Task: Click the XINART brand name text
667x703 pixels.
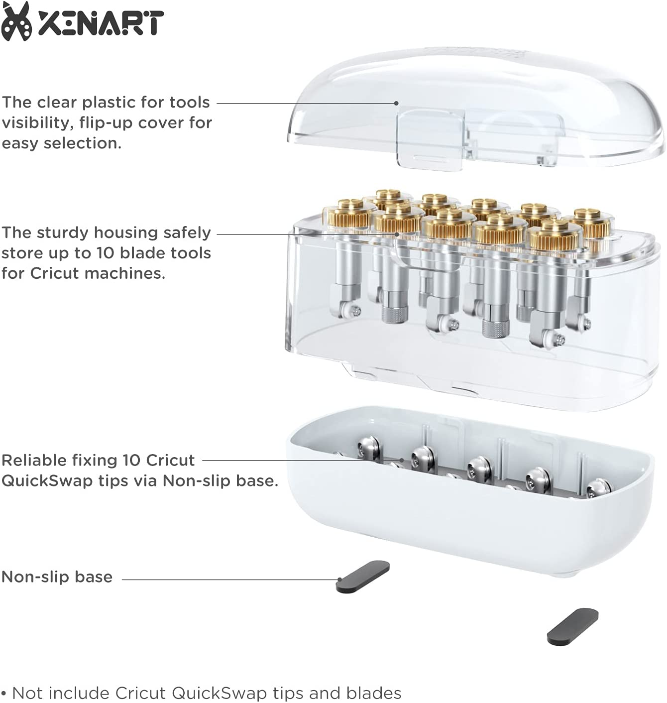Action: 101,23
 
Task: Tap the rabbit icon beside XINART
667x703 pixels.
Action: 16,21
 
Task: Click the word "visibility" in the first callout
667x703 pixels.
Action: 37,123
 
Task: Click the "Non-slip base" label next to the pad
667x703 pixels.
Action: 57,577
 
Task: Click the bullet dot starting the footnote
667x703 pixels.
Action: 4,694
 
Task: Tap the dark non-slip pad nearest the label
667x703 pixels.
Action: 363,577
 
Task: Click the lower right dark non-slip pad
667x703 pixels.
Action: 572,626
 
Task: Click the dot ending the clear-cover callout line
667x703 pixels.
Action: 396,103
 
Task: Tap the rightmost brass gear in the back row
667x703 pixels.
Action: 587,223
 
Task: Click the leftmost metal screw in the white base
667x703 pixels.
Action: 368,447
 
